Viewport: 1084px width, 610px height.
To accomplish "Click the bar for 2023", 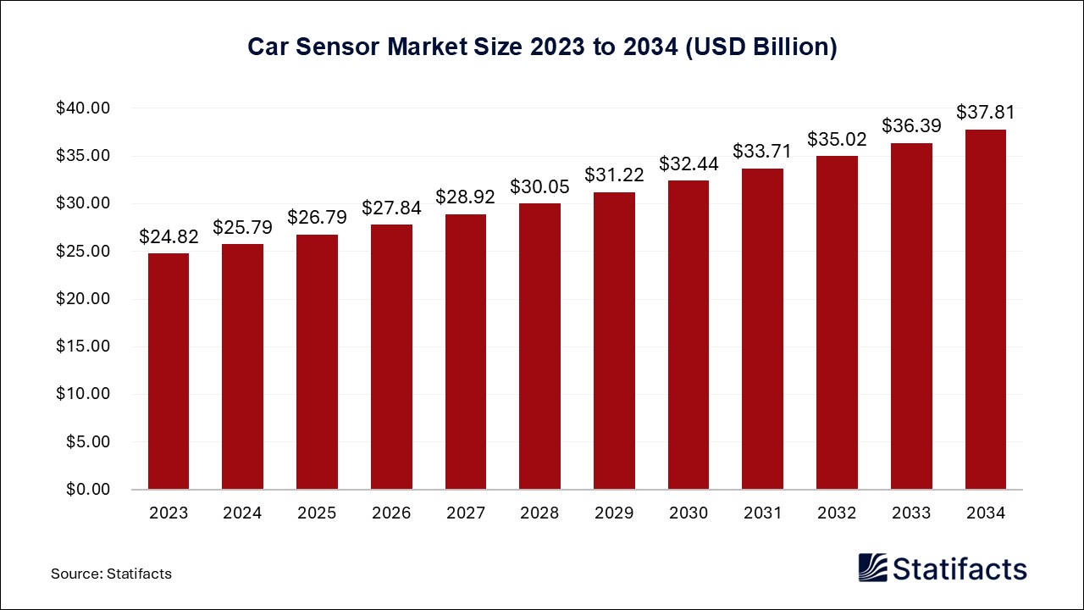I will (169, 371).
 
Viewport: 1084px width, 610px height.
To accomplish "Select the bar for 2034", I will (986, 309).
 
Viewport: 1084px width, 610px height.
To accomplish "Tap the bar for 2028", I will (539, 347).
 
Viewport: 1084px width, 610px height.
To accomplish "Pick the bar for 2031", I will (762, 329).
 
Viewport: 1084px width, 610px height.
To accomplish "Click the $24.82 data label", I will (169, 237).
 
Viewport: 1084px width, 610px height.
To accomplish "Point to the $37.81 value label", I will (986, 113).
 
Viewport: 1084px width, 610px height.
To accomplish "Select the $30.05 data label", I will (539, 187).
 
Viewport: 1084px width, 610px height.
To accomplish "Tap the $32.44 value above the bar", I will (689, 164).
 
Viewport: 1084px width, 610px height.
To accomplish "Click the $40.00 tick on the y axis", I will (84, 108).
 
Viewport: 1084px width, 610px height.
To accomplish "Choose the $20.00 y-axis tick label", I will (84, 299).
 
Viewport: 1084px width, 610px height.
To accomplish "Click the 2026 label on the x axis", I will (391, 513).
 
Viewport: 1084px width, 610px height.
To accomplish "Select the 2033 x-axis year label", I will (911, 513).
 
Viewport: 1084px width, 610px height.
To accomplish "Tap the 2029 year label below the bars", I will (614, 513).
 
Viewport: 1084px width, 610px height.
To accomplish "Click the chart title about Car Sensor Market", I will (542, 47).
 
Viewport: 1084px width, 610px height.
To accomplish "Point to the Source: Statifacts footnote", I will (111, 574).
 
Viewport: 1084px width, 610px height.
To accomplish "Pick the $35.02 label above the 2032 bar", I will (837, 139).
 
